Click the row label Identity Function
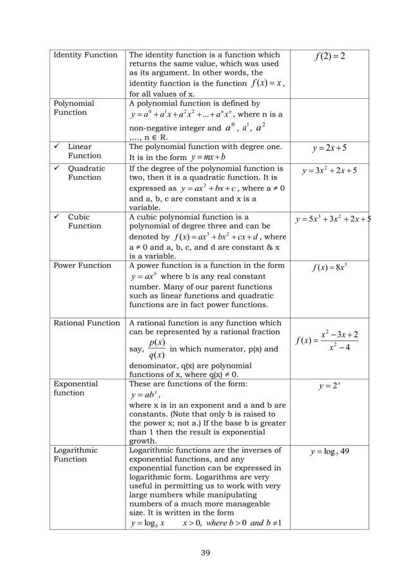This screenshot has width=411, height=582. tap(86, 55)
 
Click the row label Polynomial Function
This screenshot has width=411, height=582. tap(73, 108)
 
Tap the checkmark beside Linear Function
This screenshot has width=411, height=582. tap(57, 146)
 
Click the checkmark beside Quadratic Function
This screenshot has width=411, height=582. tap(57, 168)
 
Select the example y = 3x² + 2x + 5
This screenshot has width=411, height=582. tap(329, 172)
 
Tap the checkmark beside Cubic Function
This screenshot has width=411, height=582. tap(57, 217)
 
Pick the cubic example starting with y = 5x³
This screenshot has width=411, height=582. tap(331, 221)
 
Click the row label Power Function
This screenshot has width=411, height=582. tap(82, 265)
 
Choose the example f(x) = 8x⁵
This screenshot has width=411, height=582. tap(329, 266)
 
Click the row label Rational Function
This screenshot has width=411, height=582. tap(87, 323)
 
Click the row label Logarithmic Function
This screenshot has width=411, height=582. tap(75, 454)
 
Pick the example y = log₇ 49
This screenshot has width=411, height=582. tap(329, 451)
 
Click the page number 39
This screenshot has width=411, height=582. tap(205, 552)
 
